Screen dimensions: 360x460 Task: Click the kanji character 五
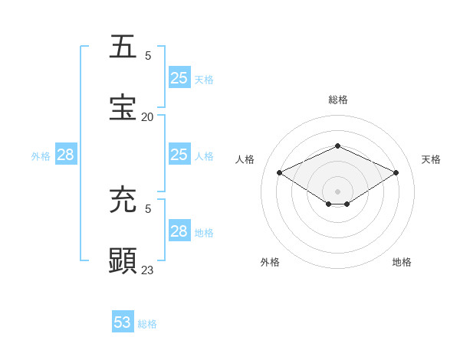[x=123, y=46]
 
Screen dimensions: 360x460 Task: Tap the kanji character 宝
[x=123, y=106]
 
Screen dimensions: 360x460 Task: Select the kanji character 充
[x=123, y=199]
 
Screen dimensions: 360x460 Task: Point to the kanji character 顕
[x=123, y=260]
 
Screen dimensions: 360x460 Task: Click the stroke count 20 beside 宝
[x=147, y=116]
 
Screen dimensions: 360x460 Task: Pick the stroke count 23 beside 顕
[x=147, y=270]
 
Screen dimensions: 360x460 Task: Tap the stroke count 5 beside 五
[x=148, y=55]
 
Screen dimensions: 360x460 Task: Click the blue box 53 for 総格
[x=123, y=322]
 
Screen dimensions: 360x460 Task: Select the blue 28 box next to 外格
[x=66, y=155]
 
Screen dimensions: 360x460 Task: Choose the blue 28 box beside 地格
[x=179, y=231]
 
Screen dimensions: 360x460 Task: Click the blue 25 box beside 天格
[x=179, y=77]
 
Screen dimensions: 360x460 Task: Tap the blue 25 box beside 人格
[x=179, y=155]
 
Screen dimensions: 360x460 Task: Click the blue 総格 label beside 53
[x=147, y=324]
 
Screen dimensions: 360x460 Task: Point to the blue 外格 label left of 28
[x=41, y=156]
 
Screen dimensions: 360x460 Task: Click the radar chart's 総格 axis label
[x=337, y=100]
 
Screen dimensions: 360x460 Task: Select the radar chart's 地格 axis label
[x=402, y=262]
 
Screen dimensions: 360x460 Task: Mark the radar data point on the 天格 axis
[x=396, y=173]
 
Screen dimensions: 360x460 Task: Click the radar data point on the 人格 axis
[x=280, y=173]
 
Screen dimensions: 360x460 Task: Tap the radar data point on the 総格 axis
[x=337, y=146]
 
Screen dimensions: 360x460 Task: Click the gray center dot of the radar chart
[x=337, y=191]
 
